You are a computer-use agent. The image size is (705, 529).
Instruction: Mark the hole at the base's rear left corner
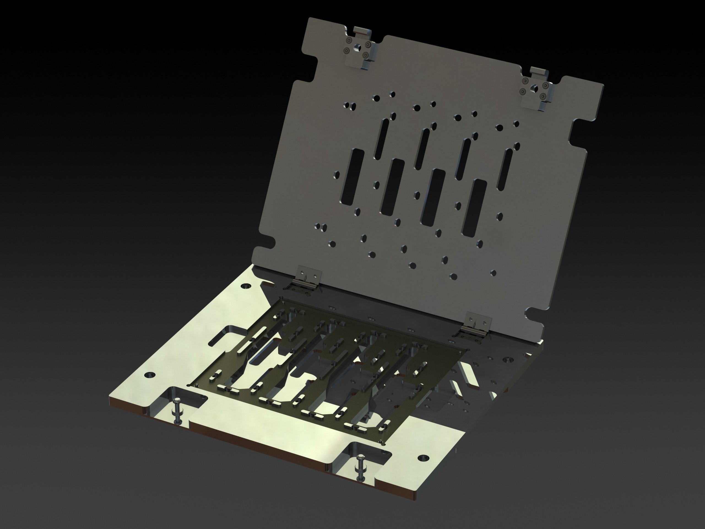pos(246,286)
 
